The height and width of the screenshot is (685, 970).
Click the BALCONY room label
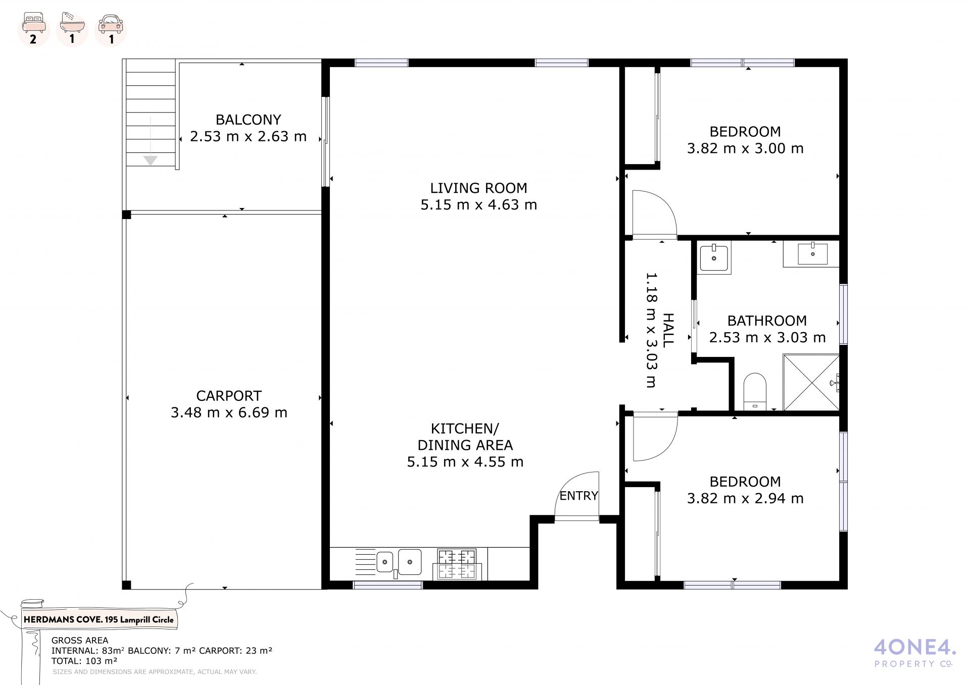click(248, 120)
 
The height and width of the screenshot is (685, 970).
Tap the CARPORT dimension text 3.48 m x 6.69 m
click(229, 412)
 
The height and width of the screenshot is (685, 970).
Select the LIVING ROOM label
click(478, 188)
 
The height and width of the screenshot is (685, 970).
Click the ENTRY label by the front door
click(578, 496)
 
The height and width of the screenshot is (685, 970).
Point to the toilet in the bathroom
click(755, 392)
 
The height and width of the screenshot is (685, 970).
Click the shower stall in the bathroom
click(811, 382)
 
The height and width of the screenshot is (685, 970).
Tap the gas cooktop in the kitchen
click(457, 564)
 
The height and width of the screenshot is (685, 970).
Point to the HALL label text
click(667, 330)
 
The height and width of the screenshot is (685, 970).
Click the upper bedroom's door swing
click(654, 214)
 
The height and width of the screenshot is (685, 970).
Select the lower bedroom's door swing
click(655, 437)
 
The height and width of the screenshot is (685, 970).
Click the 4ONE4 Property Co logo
click(914, 653)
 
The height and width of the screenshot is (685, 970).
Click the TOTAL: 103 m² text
click(84, 661)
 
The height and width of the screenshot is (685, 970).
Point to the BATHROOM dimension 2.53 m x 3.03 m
click(767, 337)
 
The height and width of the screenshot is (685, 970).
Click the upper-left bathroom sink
click(714, 258)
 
